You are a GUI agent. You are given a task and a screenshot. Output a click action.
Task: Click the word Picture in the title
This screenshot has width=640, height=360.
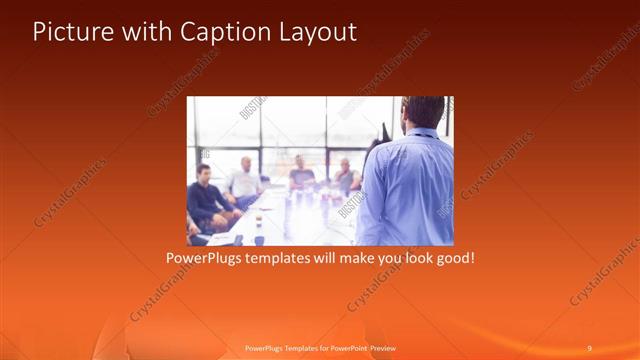[69, 32]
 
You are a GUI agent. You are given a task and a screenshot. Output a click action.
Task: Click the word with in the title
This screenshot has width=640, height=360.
[142, 32]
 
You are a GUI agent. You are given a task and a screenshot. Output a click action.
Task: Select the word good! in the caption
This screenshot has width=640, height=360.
[451, 257]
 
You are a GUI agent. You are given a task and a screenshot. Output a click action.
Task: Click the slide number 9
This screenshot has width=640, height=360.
[589, 347]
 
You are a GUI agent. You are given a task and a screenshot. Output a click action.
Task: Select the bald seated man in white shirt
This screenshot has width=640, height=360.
[243, 181]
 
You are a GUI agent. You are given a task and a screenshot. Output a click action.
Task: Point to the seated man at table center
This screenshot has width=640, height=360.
[301, 175]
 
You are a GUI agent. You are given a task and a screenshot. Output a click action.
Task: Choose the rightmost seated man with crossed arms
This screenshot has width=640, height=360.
[345, 177]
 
